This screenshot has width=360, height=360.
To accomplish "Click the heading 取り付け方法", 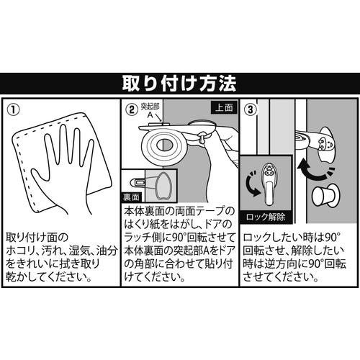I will pos(179,84).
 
